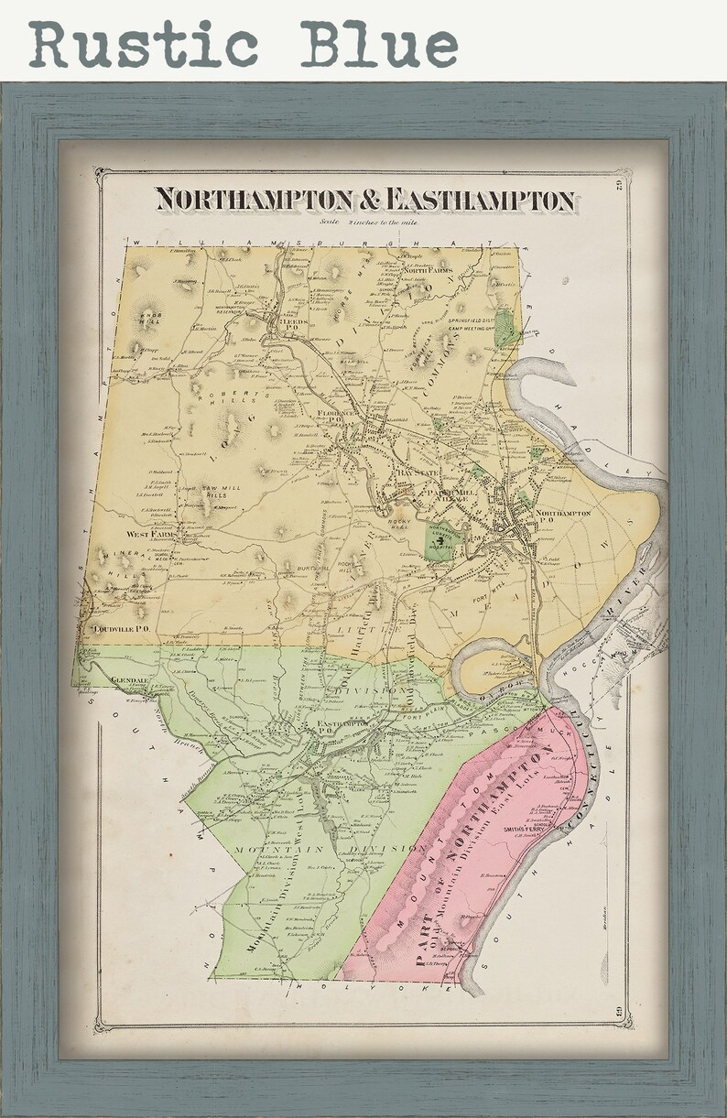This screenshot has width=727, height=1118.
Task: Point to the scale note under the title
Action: [363, 221]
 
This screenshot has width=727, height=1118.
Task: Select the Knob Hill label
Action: [149, 318]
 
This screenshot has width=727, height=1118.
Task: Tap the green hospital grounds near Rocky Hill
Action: [439, 539]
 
